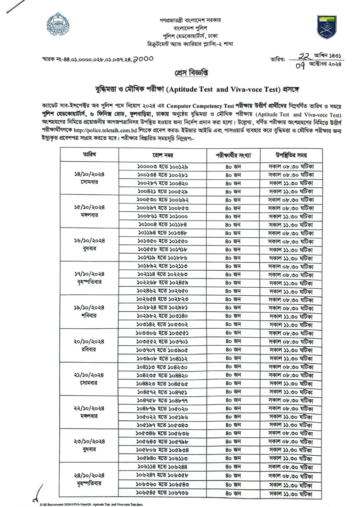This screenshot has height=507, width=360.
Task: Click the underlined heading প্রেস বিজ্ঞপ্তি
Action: [191, 73]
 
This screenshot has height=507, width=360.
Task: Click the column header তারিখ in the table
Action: [89, 155]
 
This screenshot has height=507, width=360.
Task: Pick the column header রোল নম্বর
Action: [163, 155]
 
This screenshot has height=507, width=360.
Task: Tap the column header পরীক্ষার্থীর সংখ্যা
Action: [233, 155]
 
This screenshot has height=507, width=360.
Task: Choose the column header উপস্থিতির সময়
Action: [291, 155]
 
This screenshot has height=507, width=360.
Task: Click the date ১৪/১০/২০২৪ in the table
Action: [89, 174]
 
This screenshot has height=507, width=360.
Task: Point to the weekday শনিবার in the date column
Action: [89, 316]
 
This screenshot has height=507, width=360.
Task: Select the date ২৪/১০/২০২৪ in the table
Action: [89, 475]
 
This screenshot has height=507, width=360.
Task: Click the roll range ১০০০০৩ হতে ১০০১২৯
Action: [162, 166]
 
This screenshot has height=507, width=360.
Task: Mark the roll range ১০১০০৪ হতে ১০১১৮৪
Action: [162, 224]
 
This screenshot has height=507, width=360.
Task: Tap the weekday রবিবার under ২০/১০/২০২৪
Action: [89, 350]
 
